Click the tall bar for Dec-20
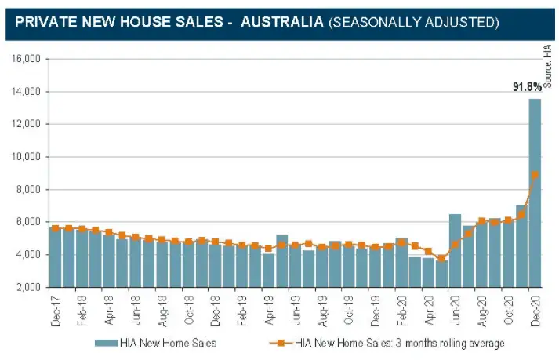(535, 193)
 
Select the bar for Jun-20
(455, 250)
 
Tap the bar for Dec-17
(56, 257)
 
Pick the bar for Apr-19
(269, 270)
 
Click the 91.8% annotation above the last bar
(527, 87)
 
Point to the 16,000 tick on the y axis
(26, 59)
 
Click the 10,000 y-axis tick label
(26, 157)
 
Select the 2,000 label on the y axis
(28, 287)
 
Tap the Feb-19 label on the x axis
(242, 311)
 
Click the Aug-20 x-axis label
(481, 311)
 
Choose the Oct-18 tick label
(189, 310)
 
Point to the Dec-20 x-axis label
(535, 311)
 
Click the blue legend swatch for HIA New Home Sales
(107, 344)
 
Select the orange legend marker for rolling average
(281, 344)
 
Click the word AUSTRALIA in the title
(282, 22)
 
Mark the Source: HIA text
(549, 67)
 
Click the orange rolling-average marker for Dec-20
(535, 175)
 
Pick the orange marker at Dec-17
(56, 228)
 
